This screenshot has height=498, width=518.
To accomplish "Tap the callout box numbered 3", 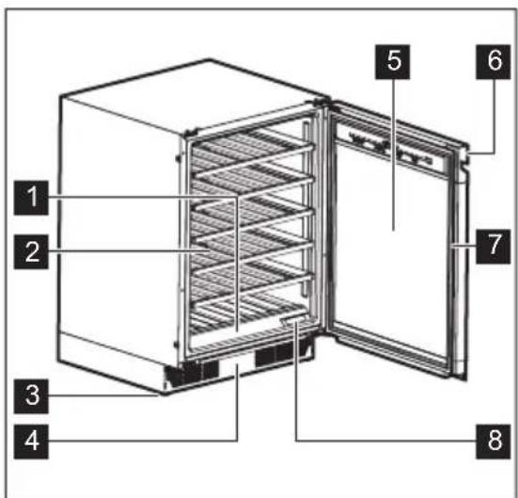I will click(33, 394).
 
